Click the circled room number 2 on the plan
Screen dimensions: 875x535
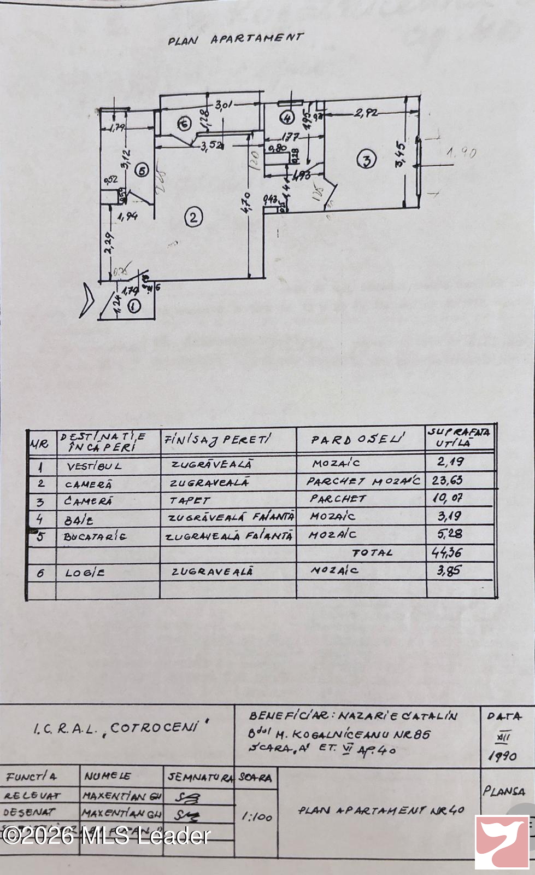coord(193,218)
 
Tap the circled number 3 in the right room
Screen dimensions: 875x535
coord(366,160)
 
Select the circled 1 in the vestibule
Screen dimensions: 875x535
coord(134,306)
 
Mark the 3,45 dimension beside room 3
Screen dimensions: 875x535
coord(401,155)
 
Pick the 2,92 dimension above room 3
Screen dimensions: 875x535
coord(366,113)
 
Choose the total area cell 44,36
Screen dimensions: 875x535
coord(446,552)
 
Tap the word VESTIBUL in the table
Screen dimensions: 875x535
coord(94,466)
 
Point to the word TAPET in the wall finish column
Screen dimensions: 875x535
coord(190,500)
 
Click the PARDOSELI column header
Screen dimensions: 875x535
coord(358,439)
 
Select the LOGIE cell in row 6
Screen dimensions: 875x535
coord(85,573)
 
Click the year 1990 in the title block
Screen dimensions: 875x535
coord(502,756)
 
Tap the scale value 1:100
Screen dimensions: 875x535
coord(257,816)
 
